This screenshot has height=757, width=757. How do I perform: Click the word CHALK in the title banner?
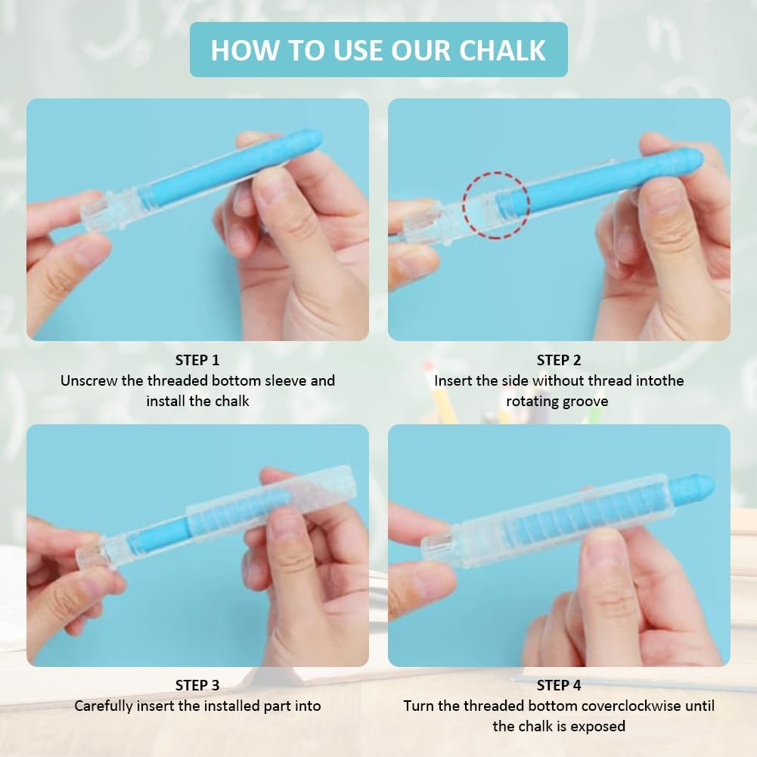[502, 50]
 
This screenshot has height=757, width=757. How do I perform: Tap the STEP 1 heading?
[197, 360]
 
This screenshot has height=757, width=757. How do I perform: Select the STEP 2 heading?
[559, 360]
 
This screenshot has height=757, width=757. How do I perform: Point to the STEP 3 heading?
[197, 685]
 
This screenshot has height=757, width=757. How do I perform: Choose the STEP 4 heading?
[559, 685]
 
